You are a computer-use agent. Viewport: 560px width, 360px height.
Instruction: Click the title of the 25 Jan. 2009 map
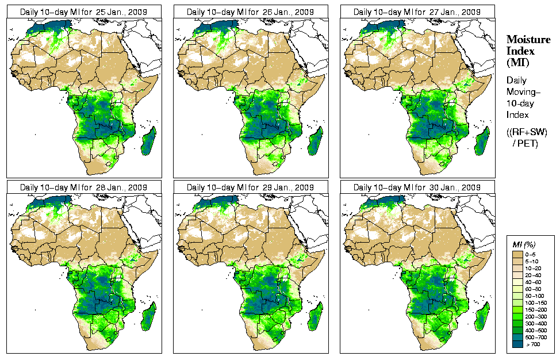coord(84,12)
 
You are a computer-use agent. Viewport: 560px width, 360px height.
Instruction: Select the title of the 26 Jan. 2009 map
coord(251,12)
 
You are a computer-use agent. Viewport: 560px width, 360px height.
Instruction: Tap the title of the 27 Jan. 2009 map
coord(417,12)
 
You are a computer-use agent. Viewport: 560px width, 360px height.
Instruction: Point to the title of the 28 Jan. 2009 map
coord(84,187)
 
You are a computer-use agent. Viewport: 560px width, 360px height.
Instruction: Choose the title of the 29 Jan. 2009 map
coord(251,187)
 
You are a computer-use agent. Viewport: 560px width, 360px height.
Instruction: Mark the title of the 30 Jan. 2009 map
coord(417,187)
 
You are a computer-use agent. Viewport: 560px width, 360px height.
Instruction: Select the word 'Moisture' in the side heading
coord(524,39)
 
